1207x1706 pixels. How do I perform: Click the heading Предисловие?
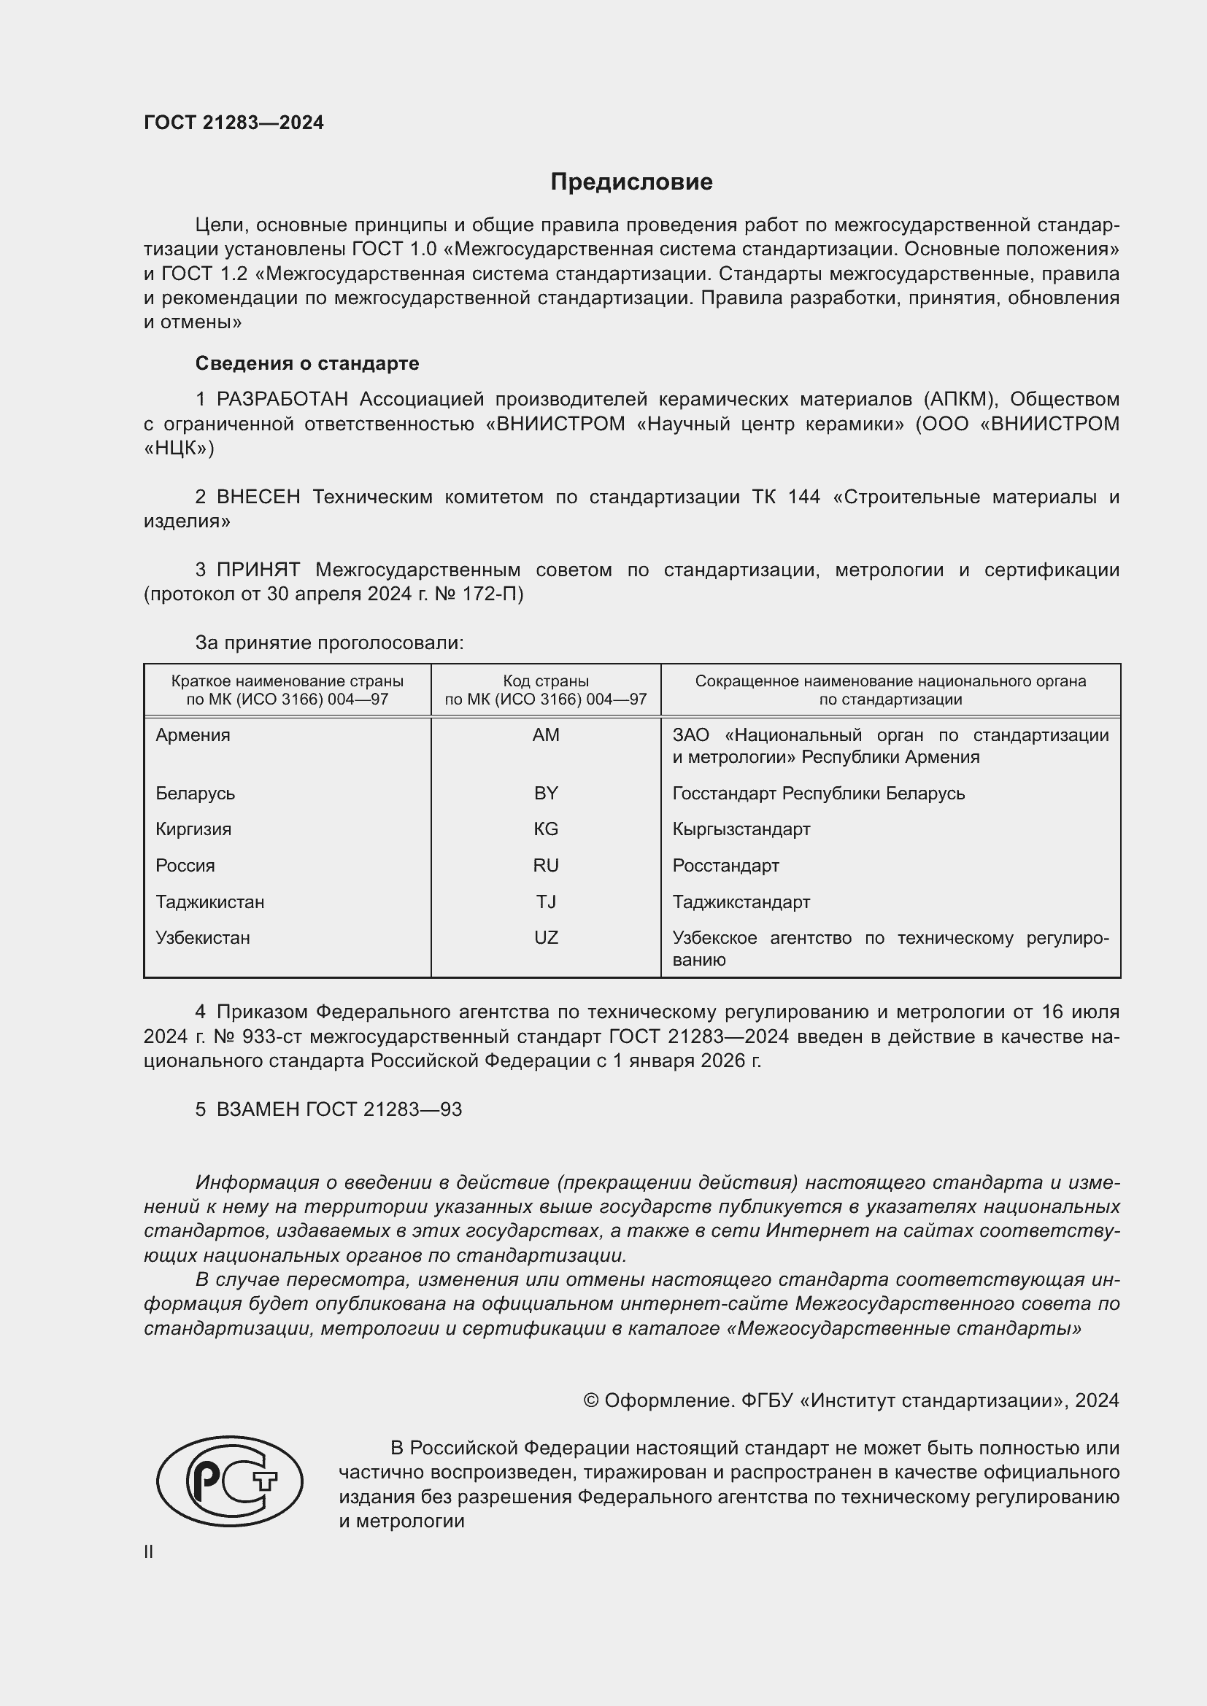(x=631, y=182)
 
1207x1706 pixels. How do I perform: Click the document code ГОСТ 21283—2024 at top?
(x=234, y=123)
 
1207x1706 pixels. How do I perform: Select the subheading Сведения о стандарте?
(x=307, y=363)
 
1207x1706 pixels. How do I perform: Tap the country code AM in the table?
(x=546, y=735)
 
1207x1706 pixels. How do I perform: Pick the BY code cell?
(x=546, y=793)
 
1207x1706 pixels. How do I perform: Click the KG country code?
(x=546, y=829)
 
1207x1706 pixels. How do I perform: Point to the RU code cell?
(x=546, y=865)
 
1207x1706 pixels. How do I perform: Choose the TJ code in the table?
(x=546, y=902)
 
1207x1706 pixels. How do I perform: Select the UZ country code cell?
(x=546, y=938)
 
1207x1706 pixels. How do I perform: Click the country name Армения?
(x=193, y=735)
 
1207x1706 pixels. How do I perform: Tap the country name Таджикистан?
(x=209, y=902)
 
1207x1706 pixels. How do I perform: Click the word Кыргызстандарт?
(x=741, y=829)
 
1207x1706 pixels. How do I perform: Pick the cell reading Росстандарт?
(x=725, y=865)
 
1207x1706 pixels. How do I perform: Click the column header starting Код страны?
(x=546, y=689)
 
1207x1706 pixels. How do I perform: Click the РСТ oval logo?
(x=230, y=1481)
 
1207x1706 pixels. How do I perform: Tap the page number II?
(x=149, y=1551)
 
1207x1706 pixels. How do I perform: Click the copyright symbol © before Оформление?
(x=591, y=1400)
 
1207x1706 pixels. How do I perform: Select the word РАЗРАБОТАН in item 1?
(x=282, y=400)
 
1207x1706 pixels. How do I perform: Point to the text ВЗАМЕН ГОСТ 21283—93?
(x=339, y=1109)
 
